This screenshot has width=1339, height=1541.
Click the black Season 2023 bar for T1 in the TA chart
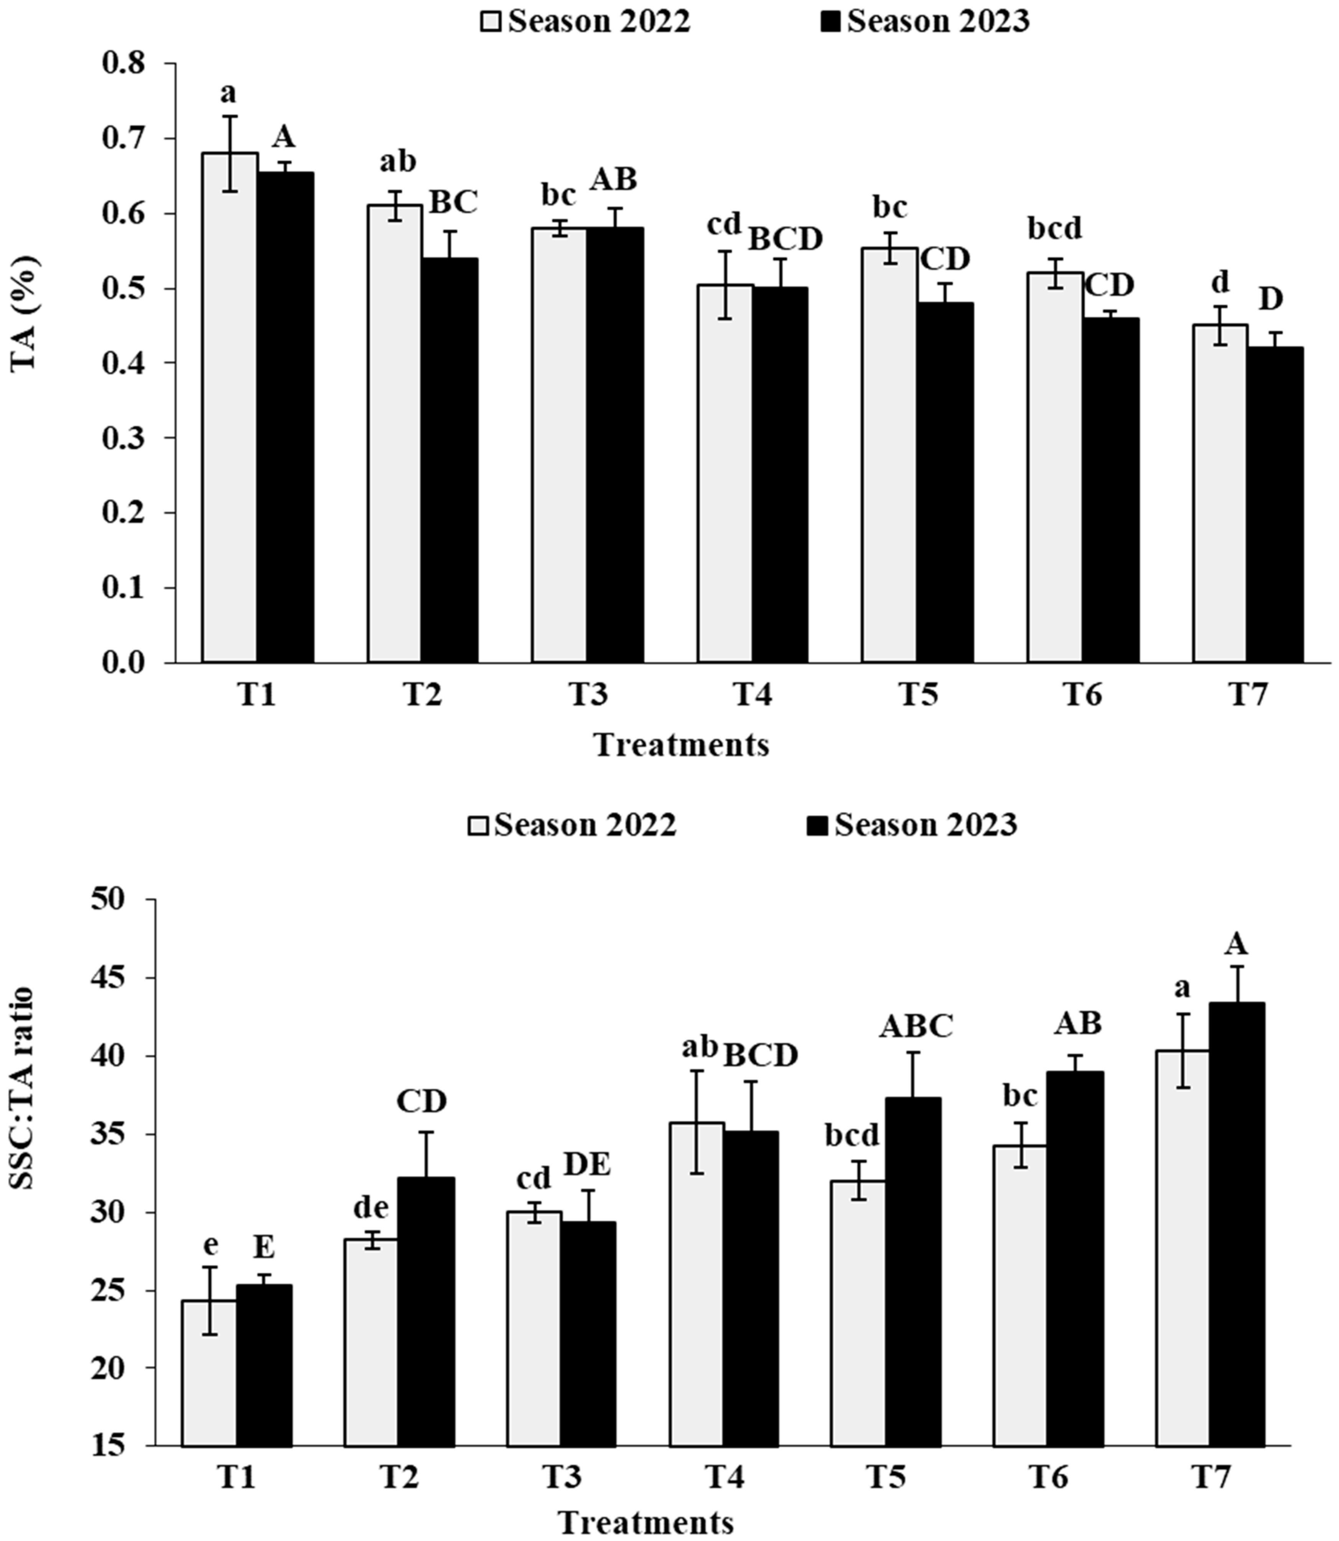point(285,418)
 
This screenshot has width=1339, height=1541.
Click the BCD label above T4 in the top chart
point(785,239)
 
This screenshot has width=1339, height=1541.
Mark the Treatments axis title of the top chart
point(682,745)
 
